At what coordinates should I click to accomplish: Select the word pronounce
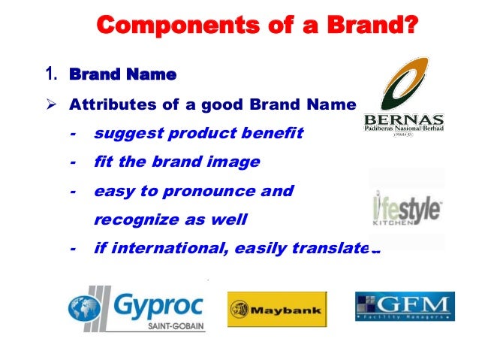tap(215, 191)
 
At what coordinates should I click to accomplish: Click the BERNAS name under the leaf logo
tap(403, 119)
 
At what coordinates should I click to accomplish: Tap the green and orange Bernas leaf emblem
tap(404, 83)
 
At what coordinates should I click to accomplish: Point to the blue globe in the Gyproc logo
tap(85, 309)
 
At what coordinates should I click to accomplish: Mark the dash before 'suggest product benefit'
tap(73, 134)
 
